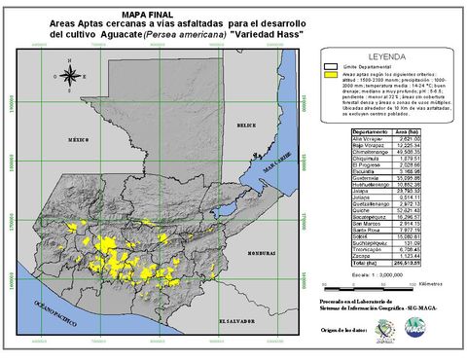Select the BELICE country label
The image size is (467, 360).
click(x=247, y=126)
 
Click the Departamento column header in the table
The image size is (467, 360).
click(x=373, y=130)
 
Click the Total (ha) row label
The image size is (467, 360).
click(x=368, y=263)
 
